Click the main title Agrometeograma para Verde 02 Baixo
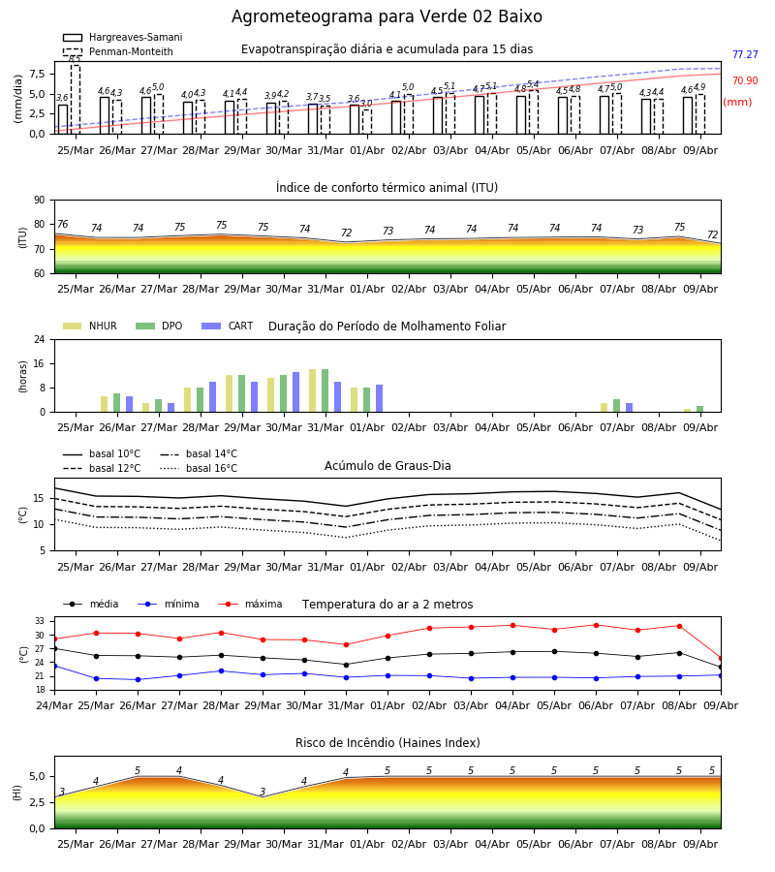[x=387, y=16]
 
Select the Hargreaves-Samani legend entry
[x=123, y=37]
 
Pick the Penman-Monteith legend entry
[x=118, y=51]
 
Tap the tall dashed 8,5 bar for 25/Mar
[x=75, y=99]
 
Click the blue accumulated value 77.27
[x=745, y=54]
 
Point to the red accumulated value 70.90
[x=745, y=80]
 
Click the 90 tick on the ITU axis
[x=40, y=201]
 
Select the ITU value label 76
[x=62, y=224]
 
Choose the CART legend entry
[x=228, y=326]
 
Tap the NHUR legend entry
[x=90, y=326]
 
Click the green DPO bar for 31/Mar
[x=325, y=390]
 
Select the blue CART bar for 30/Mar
[x=296, y=392]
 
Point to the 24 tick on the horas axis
[x=40, y=339]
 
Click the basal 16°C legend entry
[x=199, y=468]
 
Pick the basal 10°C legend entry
[x=102, y=453]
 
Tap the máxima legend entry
[x=250, y=604]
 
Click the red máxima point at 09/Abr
[x=721, y=659]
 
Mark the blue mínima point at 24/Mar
[x=54, y=666]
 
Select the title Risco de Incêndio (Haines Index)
[x=387, y=742]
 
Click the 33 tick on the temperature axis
[x=40, y=621]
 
